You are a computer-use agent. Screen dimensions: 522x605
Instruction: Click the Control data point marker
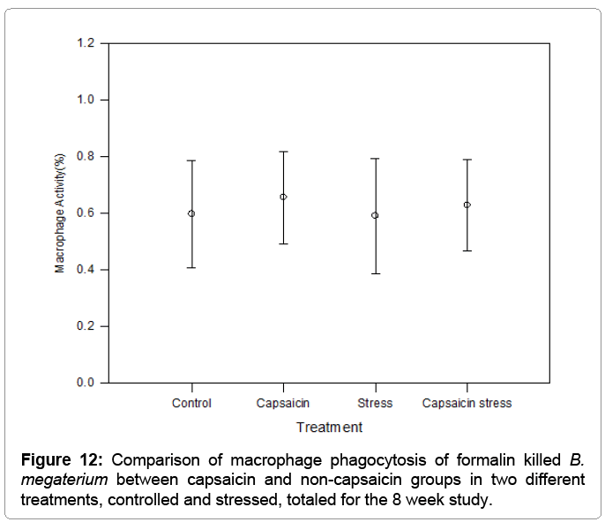pyautogui.click(x=191, y=213)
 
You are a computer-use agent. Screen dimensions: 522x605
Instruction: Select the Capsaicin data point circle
pyautogui.click(x=283, y=197)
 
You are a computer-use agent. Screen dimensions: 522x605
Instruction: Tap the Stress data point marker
pyautogui.click(x=375, y=215)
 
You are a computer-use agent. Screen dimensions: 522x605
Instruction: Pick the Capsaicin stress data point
pyautogui.click(x=467, y=205)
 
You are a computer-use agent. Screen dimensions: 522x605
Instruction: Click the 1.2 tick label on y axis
pyautogui.click(x=86, y=43)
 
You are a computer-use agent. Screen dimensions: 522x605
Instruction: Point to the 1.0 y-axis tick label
pyautogui.click(x=86, y=100)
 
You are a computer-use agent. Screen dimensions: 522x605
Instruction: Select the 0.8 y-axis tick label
pyautogui.click(x=86, y=157)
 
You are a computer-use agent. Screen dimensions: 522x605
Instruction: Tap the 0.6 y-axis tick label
pyautogui.click(x=86, y=213)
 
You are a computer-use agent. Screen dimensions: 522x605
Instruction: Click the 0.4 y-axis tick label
pyautogui.click(x=86, y=270)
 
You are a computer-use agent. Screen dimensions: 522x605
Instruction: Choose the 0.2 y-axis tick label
pyautogui.click(x=86, y=326)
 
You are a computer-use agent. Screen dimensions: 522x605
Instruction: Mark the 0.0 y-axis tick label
pyautogui.click(x=86, y=383)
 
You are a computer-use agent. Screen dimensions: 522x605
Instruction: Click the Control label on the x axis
pyautogui.click(x=191, y=404)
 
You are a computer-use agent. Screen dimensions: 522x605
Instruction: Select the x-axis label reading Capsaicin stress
pyautogui.click(x=467, y=404)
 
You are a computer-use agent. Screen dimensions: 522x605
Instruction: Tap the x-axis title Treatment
pyautogui.click(x=329, y=428)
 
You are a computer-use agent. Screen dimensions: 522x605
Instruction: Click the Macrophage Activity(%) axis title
pyautogui.click(x=60, y=213)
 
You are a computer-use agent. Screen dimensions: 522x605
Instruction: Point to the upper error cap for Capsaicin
pyautogui.click(x=283, y=152)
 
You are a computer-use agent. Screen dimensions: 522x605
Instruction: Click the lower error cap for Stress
pyautogui.click(x=375, y=273)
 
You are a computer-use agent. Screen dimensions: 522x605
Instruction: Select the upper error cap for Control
pyautogui.click(x=191, y=160)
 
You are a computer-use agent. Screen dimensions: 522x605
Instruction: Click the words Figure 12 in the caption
pyautogui.click(x=63, y=460)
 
